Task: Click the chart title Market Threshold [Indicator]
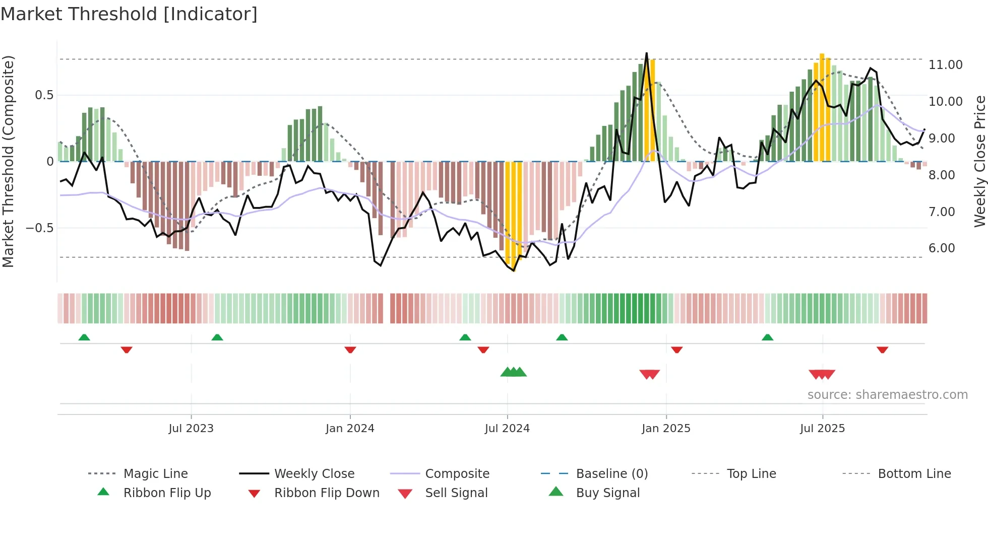click(x=129, y=14)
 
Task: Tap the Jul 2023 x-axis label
click(x=191, y=429)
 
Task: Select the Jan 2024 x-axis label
click(x=350, y=429)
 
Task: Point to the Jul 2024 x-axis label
click(x=507, y=429)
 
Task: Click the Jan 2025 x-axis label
click(x=666, y=429)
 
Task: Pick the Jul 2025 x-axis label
click(x=822, y=429)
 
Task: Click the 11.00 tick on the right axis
click(x=945, y=65)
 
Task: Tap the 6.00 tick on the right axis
click(x=942, y=248)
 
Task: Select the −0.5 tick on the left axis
click(x=39, y=228)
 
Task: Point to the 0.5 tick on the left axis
click(x=44, y=95)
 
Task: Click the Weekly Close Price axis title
click(x=979, y=161)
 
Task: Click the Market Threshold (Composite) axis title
click(x=9, y=161)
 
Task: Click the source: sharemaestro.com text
click(x=887, y=395)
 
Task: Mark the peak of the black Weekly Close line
click(x=646, y=53)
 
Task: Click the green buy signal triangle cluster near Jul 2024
click(x=513, y=372)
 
